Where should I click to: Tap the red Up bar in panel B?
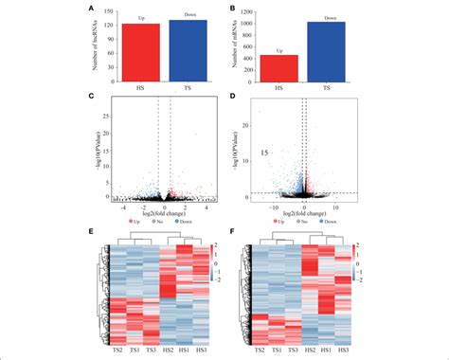(278, 68)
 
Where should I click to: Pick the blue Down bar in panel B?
(326, 53)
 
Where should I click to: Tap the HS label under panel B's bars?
(278, 88)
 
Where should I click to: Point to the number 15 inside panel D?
(267, 153)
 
